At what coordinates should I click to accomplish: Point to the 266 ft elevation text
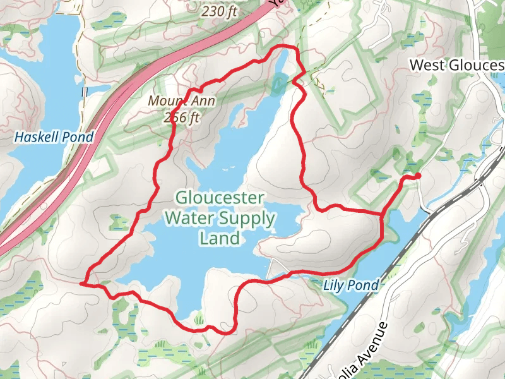click(x=181, y=117)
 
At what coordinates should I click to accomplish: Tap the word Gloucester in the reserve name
click(x=220, y=198)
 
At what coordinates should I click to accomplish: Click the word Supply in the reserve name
click(x=246, y=219)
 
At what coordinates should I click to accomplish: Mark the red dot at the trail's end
click(x=418, y=176)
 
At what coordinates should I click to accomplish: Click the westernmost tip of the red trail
click(x=81, y=284)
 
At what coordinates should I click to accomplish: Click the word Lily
click(x=335, y=286)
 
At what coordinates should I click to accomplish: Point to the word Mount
click(x=163, y=101)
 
